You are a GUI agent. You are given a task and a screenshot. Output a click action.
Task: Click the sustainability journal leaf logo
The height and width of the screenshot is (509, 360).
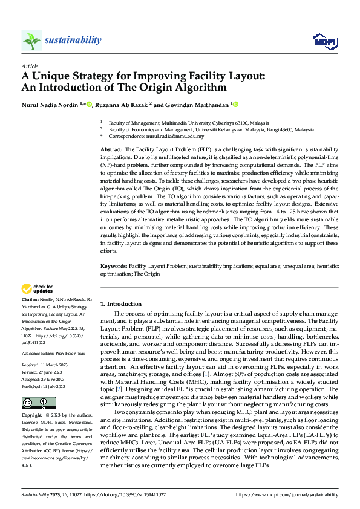point(31,41)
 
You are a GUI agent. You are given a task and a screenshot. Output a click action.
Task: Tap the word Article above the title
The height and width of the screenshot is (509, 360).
point(29,65)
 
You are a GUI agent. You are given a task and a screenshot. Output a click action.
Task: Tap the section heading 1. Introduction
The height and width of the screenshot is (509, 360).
point(120,303)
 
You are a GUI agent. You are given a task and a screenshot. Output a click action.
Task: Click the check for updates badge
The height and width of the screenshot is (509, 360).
point(38,288)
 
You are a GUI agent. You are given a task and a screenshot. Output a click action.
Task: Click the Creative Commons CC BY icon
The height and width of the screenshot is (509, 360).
point(38,403)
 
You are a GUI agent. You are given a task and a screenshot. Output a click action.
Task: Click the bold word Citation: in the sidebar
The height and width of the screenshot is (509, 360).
point(30,300)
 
